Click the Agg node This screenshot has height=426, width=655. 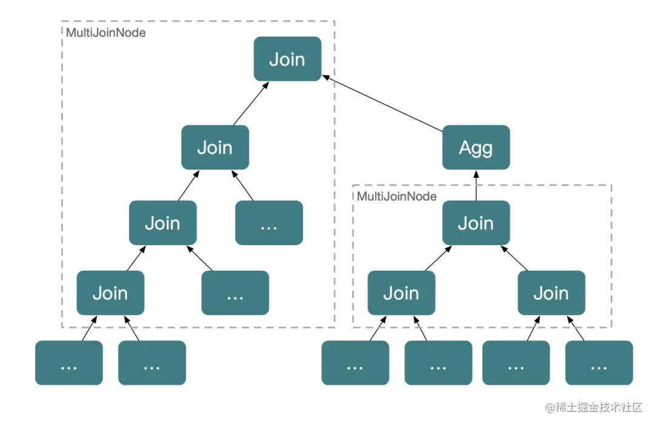coord(476,147)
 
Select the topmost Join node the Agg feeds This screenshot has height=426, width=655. coord(287,58)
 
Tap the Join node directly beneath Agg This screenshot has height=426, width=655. coord(476,223)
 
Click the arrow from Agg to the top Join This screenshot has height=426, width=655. coord(382,103)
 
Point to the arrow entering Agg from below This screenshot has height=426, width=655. coord(476,185)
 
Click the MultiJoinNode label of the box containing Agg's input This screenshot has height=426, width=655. coord(397,196)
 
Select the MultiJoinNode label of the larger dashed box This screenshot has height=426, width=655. coord(106,33)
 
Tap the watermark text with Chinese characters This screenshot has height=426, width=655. coord(594,407)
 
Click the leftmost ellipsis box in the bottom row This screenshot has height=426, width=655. coord(69,362)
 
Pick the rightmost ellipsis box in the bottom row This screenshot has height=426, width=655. coord(599,362)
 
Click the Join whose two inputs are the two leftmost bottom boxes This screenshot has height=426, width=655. coord(110,292)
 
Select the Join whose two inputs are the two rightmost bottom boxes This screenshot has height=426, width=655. coord(551,292)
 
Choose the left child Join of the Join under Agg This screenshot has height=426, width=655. coord(401,292)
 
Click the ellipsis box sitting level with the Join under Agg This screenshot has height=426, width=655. coord(269,223)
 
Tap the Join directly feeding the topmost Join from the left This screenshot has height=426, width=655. coord(215,147)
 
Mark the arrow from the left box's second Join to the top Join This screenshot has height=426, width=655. coord(251,103)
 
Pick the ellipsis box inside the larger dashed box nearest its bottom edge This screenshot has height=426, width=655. coord(235,292)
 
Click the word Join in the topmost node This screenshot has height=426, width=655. coord(287,59)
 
